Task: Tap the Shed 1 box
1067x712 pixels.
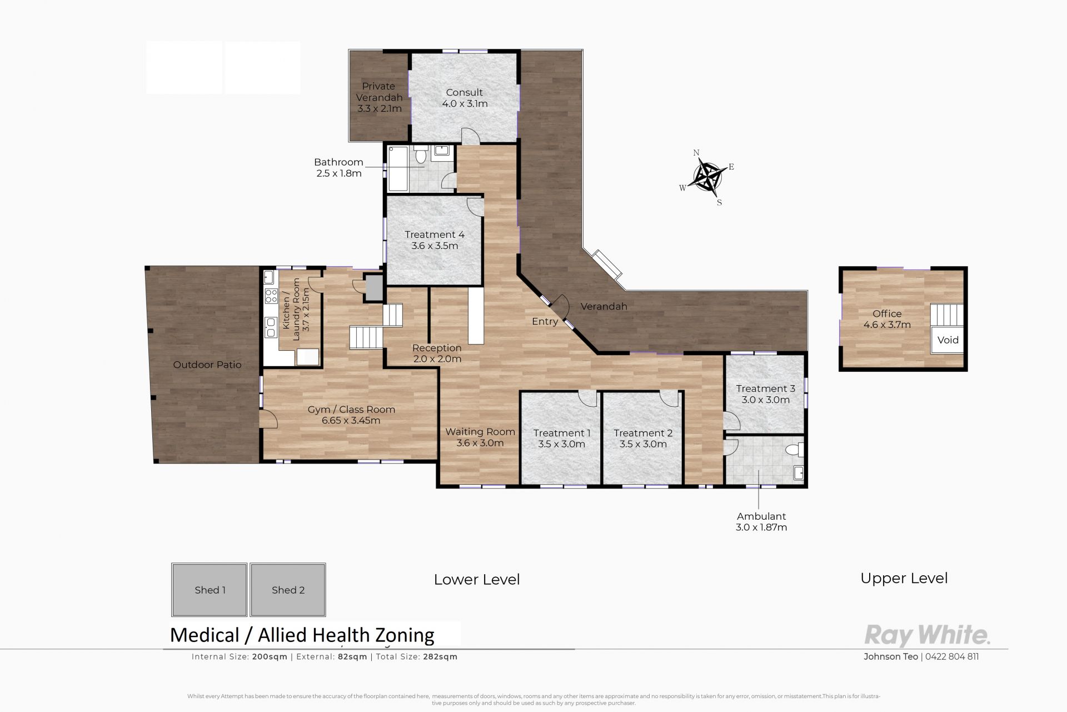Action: coord(210,590)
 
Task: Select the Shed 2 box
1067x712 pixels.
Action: coord(288,590)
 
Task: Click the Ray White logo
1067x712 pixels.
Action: coord(927,635)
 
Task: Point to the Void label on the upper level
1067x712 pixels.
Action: coord(948,340)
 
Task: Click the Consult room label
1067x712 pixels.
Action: coord(465,98)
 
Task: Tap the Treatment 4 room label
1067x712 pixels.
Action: coord(435,240)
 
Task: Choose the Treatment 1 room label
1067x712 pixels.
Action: coord(562,439)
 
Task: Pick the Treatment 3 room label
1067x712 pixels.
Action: coord(766,394)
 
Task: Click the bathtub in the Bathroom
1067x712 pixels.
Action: coord(398,168)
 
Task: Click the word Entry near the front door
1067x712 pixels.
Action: coord(545,321)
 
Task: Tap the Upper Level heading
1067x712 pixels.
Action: coord(904,578)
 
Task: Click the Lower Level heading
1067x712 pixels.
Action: coord(477,579)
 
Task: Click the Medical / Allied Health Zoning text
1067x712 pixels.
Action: coord(302,635)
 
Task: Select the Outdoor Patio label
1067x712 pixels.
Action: coord(207,365)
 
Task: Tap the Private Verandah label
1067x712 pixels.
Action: coord(380,97)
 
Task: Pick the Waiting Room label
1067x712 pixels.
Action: coord(480,437)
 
